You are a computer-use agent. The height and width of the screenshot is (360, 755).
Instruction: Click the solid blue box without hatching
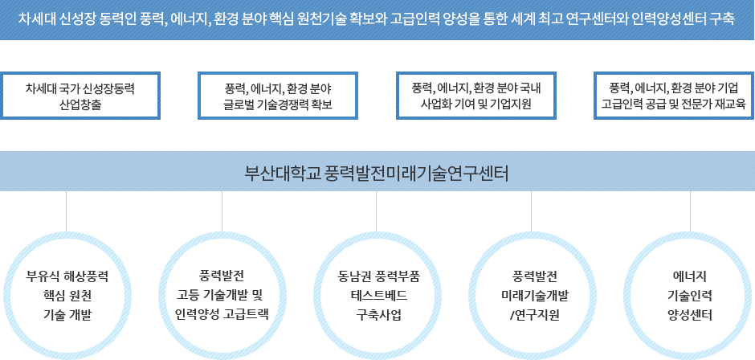tap(277, 96)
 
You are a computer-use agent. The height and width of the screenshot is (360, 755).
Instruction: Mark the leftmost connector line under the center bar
tap(66, 211)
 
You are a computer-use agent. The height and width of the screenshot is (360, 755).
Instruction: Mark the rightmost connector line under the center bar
tap(691, 211)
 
